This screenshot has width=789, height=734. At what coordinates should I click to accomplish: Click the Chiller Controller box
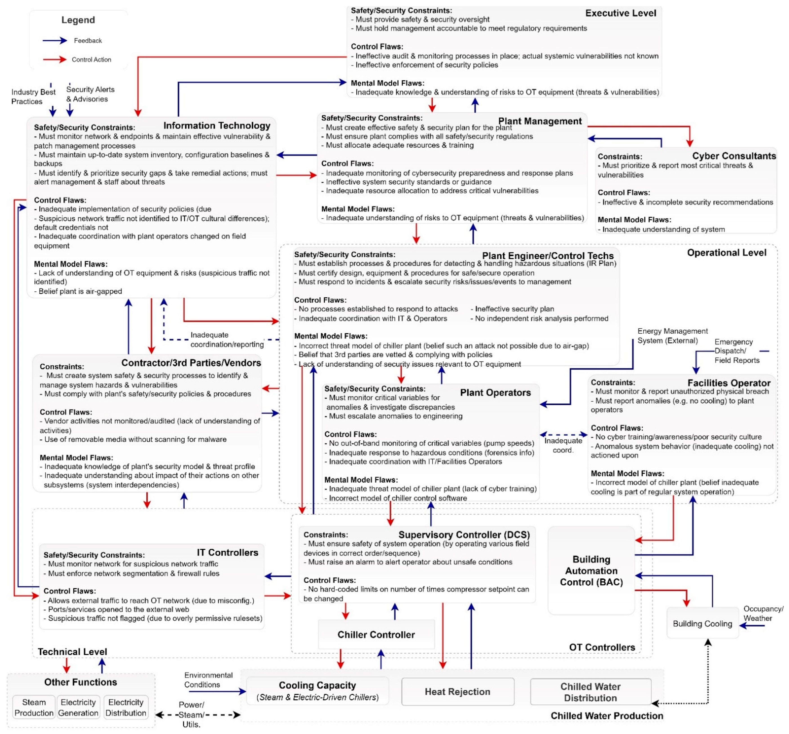pos(376,635)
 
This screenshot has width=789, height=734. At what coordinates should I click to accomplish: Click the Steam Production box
pos(34,707)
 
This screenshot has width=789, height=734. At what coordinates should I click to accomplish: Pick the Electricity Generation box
pos(78,707)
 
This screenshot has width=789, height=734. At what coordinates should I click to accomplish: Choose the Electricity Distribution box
pos(126,707)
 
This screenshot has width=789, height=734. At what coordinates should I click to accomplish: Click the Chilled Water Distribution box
pos(590,692)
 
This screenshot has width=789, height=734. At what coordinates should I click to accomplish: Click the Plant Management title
pos(540,121)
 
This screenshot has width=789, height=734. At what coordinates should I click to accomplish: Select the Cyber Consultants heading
pos(734,156)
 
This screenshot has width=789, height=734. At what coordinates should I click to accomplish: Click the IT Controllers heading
pos(227,552)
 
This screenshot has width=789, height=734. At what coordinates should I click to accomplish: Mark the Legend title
pos(78,20)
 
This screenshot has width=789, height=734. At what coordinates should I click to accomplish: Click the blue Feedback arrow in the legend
pos(55,40)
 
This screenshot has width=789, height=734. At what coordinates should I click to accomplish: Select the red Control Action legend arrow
pos(55,60)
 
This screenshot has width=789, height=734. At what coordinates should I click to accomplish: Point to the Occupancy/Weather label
pos(763,613)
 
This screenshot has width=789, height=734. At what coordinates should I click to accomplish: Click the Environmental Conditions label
pos(208,680)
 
